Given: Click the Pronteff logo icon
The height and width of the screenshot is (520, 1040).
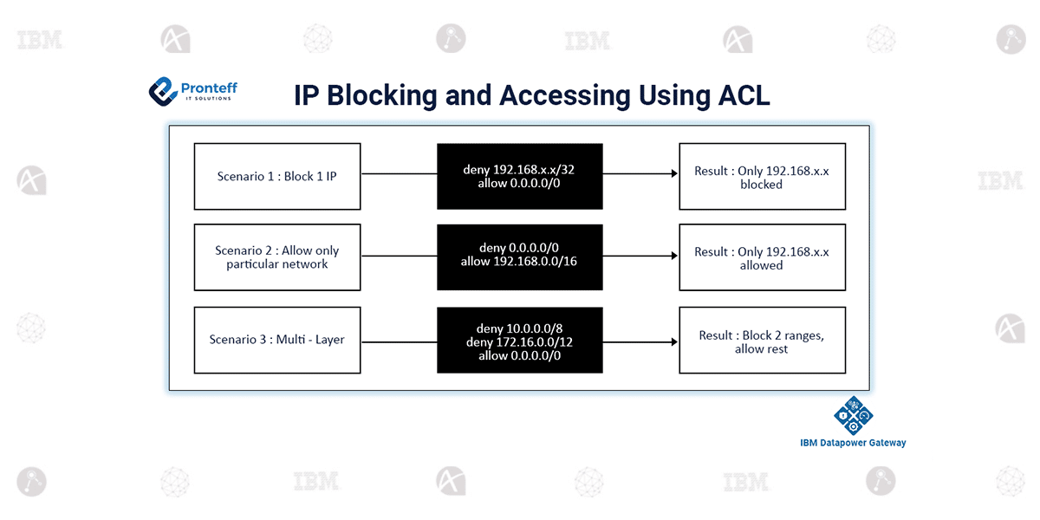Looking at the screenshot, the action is [x=163, y=92].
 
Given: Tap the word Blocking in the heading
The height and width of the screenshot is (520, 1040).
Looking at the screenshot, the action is [x=381, y=96].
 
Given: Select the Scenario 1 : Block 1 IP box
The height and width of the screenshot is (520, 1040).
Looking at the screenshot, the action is [x=277, y=177].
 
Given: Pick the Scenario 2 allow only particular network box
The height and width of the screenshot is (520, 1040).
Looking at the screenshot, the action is [x=277, y=257].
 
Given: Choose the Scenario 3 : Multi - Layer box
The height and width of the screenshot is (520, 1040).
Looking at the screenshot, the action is [x=277, y=340].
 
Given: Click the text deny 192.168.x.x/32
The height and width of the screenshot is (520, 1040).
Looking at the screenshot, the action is [x=518, y=170].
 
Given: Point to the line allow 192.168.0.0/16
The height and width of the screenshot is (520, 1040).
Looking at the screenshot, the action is [x=518, y=262].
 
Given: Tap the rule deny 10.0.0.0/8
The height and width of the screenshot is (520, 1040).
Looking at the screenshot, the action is [x=519, y=328].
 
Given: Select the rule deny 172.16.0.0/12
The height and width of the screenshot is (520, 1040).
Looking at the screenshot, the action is [x=519, y=342].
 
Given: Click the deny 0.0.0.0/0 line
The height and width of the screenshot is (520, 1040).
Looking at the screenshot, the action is [x=518, y=248].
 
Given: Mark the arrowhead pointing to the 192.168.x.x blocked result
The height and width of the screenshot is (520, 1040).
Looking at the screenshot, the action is [x=674, y=173].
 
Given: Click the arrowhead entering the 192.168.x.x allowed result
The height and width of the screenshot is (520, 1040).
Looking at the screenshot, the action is [x=674, y=256].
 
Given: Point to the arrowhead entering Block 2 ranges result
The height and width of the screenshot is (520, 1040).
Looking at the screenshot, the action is [x=674, y=342].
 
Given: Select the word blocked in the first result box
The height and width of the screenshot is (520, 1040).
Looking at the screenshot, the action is [x=761, y=185].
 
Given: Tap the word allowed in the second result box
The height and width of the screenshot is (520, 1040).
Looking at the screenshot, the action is [x=761, y=265].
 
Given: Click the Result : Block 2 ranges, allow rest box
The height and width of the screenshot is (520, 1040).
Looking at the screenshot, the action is [x=763, y=340].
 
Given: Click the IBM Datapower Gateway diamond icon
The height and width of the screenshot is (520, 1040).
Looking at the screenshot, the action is [x=854, y=415].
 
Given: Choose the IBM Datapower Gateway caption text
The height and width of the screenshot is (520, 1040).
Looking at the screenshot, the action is [x=853, y=443].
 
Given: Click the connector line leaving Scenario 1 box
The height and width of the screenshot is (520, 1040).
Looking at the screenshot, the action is [x=399, y=173].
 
